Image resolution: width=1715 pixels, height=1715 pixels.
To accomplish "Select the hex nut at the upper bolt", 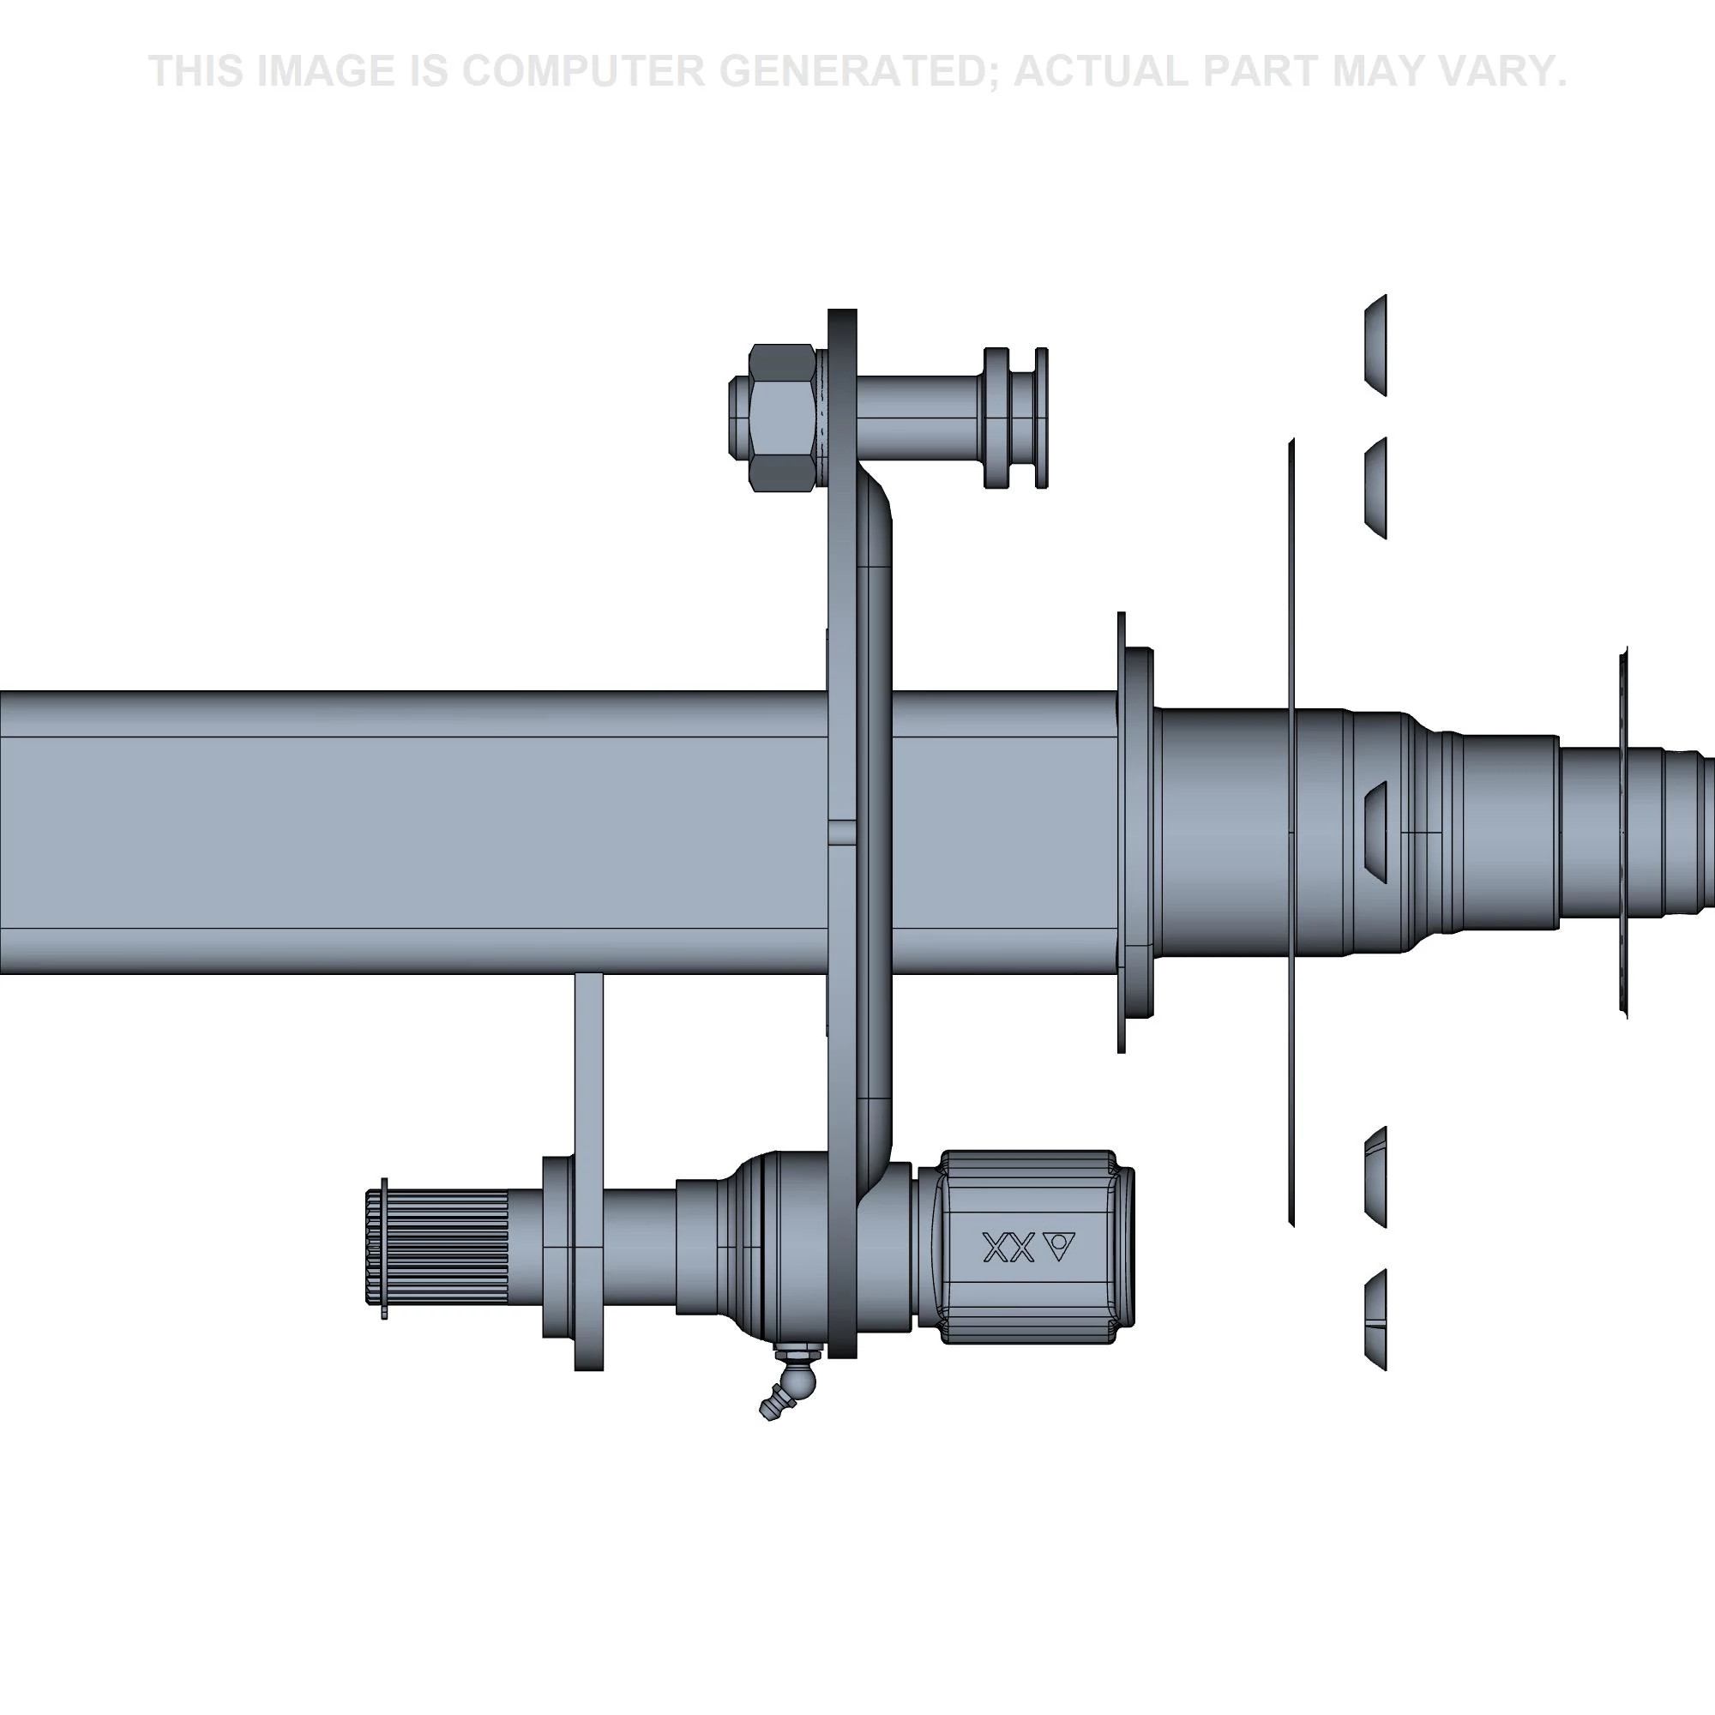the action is click(781, 418).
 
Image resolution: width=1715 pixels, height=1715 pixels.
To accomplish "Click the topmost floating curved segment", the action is click(1376, 345).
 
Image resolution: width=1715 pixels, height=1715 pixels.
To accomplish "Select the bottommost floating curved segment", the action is click(1376, 1320).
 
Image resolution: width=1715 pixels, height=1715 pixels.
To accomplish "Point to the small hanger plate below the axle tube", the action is click(588, 1170).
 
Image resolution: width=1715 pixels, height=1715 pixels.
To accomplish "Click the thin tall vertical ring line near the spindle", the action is click(1291, 833).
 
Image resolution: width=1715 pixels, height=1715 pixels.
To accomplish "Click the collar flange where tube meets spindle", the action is click(1137, 833).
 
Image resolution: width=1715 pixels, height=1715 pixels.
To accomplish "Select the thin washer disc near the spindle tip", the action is click(1623, 833).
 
